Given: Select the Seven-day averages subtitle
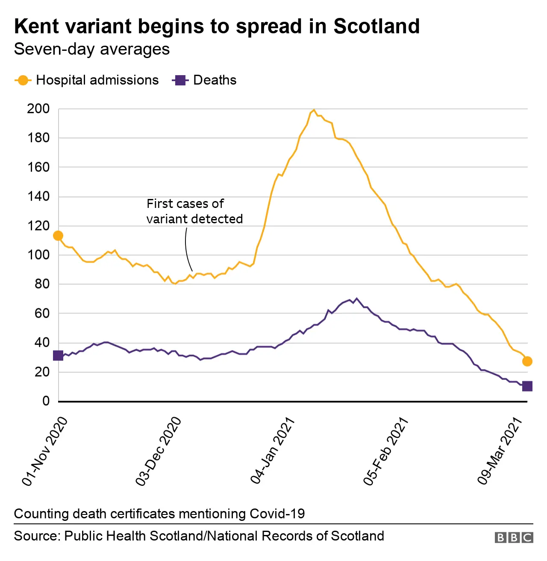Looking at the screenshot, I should (92, 50).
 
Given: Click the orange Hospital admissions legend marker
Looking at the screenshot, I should (23, 80).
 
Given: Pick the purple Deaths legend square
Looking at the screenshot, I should (180, 80).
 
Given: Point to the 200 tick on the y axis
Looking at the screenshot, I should (38, 109).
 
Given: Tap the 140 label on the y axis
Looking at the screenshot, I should (38, 196).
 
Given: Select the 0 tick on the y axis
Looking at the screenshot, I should (46, 401).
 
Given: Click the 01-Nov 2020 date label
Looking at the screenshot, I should (45, 452).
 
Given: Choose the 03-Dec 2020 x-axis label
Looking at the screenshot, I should (159, 452).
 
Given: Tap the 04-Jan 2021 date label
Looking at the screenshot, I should (273, 452).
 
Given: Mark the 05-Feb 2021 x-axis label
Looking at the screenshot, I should (386, 452).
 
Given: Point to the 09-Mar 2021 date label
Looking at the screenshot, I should (500, 452).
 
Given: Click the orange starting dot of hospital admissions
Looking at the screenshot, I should (58, 236).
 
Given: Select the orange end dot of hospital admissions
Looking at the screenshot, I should (527, 361).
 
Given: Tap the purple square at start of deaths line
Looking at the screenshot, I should (58, 355).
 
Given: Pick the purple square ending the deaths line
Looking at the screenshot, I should (527, 386).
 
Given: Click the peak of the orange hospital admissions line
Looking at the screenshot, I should (314, 110).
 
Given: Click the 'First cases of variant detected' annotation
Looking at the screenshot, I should (194, 211).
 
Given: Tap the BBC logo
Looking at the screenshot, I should (514, 537).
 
